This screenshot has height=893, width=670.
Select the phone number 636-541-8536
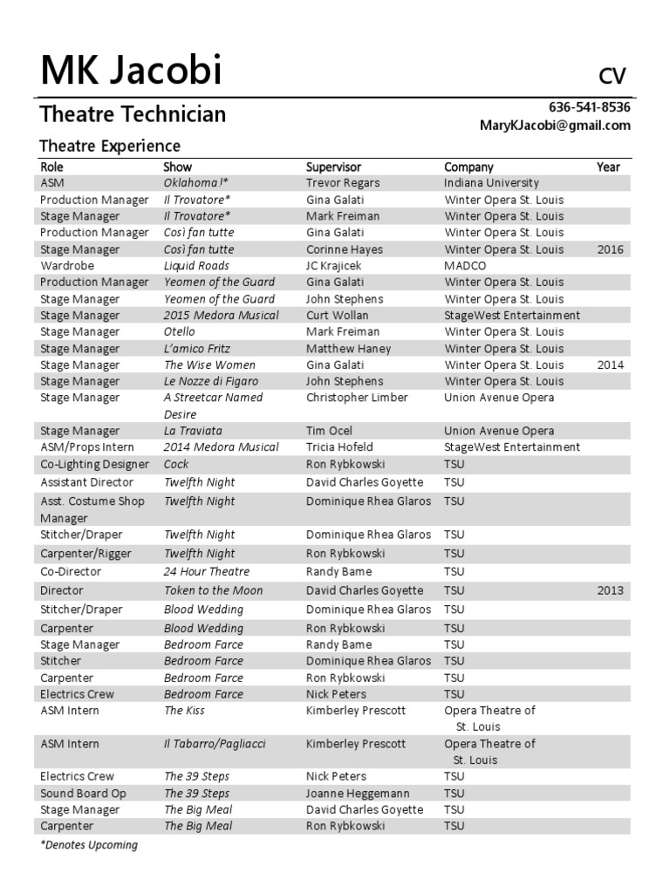[589, 107]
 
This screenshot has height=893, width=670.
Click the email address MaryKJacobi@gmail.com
[555, 126]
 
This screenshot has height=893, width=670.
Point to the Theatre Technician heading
[133, 114]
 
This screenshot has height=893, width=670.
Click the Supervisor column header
[333, 167]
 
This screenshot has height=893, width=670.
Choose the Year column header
[608, 167]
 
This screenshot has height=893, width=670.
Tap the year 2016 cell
[611, 249]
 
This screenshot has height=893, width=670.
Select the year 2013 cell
[611, 590]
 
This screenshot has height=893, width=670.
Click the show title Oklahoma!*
[196, 183]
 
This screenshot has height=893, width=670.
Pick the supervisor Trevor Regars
[344, 183]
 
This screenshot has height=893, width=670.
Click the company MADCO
[465, 266]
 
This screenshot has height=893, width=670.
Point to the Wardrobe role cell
[67, 266]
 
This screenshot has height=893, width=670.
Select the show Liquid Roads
[196, 266]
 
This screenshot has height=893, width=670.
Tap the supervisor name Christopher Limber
[357, 398]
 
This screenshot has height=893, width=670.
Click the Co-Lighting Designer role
[94, 464]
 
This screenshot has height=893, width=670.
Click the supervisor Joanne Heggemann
[357, 794]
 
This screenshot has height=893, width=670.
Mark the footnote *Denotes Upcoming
[89, 845]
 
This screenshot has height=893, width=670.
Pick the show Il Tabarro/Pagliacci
[215, 744]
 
